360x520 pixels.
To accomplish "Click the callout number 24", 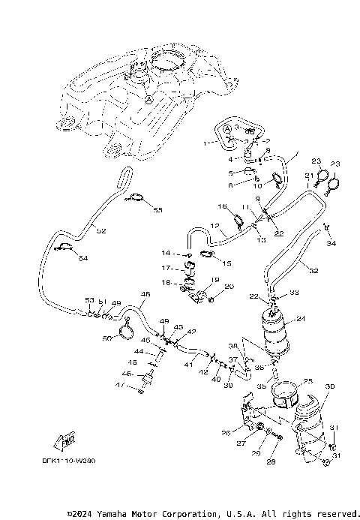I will point(301,319).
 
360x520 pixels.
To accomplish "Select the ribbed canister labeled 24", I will point(275,330).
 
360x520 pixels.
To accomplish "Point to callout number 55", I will point(157,210).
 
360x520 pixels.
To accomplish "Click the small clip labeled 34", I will point(328,227).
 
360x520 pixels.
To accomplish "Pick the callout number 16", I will point(222,206).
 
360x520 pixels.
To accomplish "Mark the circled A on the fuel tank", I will point(149,99).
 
